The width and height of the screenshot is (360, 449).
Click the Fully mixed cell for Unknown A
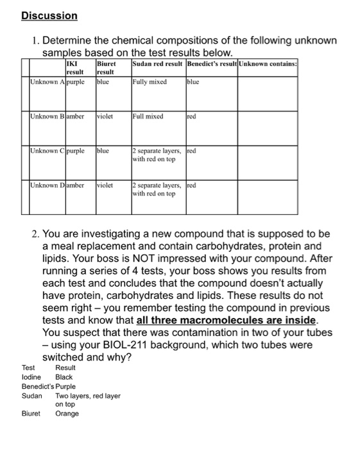click(x=150, y=82)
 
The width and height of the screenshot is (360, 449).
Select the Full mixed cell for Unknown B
click(x=148, y=117)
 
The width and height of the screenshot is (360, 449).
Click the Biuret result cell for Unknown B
click(x=105, y=117)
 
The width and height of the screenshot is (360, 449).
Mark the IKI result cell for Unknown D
click(x=74, y=185)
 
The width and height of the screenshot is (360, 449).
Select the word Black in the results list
click(x=64, y=377)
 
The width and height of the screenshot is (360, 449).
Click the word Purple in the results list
click(x=65, y=387)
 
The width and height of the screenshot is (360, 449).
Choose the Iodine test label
click(x=32, y=377)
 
